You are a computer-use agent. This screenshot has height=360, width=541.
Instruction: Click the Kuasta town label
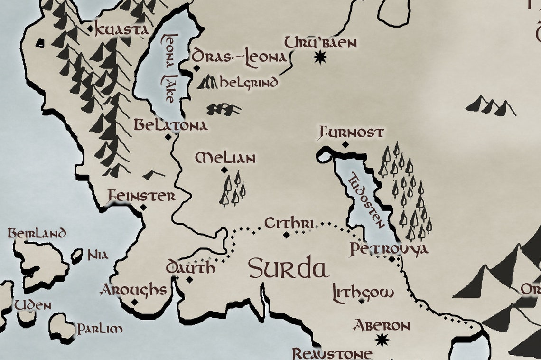point(122,29)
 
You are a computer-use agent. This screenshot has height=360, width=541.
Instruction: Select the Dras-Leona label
point(240,57)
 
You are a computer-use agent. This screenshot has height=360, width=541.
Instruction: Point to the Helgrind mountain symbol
point(207,83)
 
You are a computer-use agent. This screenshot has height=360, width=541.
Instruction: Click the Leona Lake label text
point(168,67)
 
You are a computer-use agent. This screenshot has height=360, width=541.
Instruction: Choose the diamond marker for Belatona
point(168,137)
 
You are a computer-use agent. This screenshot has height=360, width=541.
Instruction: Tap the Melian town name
point(225,158)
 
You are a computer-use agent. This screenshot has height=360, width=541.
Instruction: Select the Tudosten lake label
point(366,201)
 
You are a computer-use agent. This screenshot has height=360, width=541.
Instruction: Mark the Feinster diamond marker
point(143,207)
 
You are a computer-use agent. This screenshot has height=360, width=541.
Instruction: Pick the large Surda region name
point(289,269)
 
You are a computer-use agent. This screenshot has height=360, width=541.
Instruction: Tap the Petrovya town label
point(389,248)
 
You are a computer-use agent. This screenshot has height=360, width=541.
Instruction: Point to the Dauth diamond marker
point(189,279)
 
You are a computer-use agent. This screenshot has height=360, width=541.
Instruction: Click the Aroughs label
point(133,290)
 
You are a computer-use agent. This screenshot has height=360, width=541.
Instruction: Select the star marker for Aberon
point(382,340)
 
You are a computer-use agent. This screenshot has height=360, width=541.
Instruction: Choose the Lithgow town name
point(363,292)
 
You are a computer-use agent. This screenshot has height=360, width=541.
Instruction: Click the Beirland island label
point(37,233)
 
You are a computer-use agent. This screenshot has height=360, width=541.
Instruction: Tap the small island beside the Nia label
point(76,256)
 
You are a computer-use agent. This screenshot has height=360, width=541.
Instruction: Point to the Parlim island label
point(100,329)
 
